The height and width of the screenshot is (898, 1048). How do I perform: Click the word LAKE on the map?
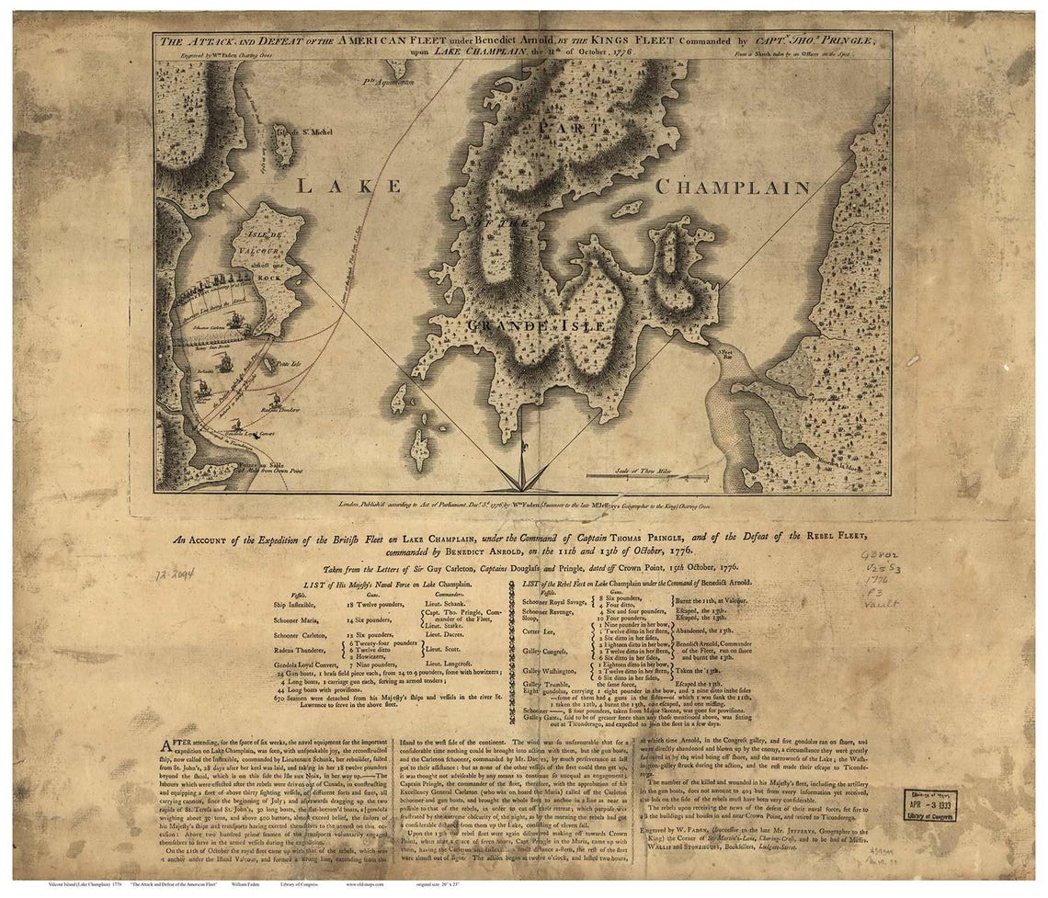(347, 186)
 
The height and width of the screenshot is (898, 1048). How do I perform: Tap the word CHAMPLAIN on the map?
(732, 188)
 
